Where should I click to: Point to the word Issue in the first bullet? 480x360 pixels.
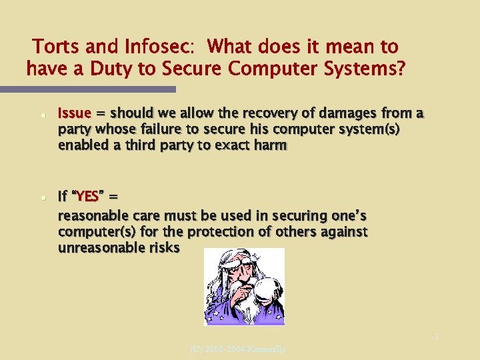click(73, 113)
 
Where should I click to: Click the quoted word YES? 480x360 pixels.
click(87, 197)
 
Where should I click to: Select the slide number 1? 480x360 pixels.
click(437, 337)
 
